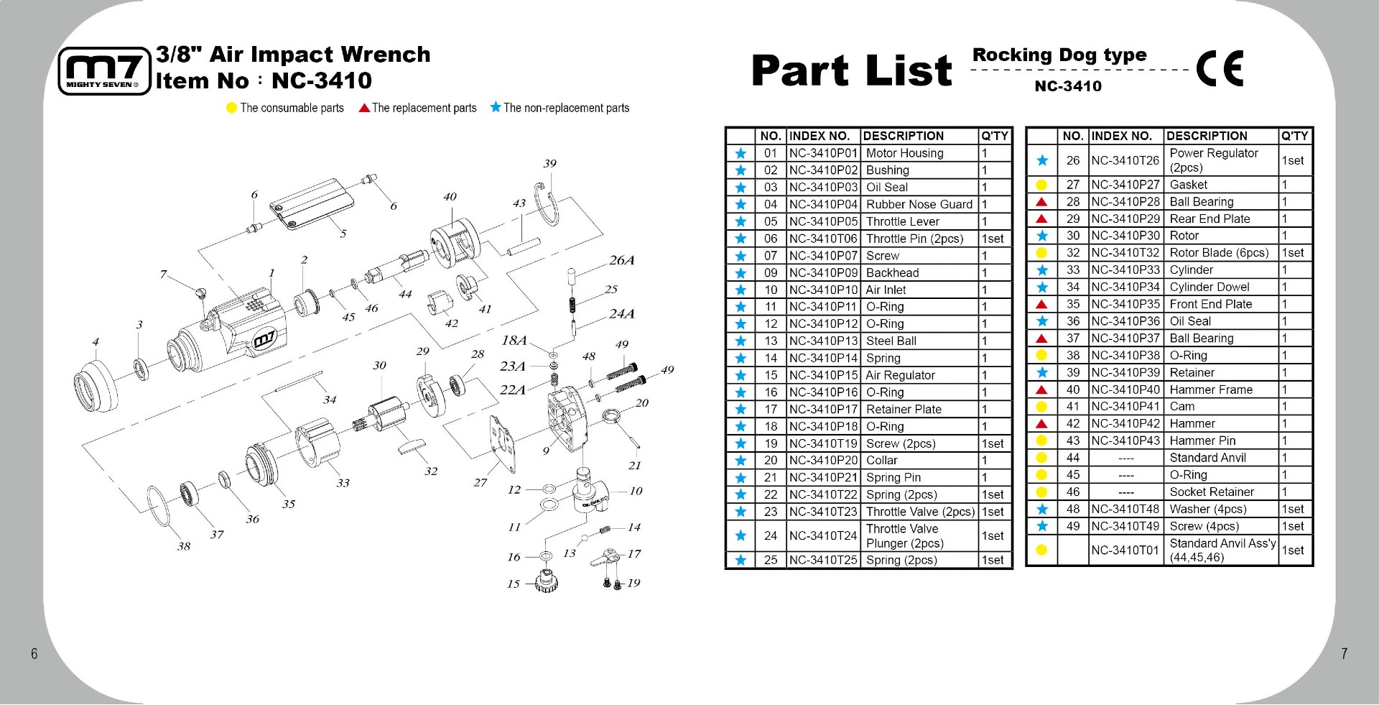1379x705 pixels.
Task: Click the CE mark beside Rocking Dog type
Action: pyautogui.click(x=1219, y=69)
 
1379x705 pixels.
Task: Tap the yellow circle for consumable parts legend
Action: pyautogui.click(x=231, y=108)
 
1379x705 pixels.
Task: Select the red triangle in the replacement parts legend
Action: pyautogui.click(x=364, y=108)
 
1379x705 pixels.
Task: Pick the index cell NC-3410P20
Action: pyautogui.click(x=823, y=461)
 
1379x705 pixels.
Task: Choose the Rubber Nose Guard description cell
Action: pyautogui.click(x=919, y=204)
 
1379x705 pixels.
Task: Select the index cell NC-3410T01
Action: pyautogui.click(x=1125, y=550)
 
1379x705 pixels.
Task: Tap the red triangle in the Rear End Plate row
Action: pyautogui.click(x=1041, y=219)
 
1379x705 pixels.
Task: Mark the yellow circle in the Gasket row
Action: pyautogui.click(x=1041, y=185)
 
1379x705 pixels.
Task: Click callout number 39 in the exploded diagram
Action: pyautogui.click(x=549, y=164)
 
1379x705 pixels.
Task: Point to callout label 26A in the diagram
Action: pyautogui.click(x=621, y=260)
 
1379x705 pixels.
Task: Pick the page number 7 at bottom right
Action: pyautogui.click(x=1344, y=653)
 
